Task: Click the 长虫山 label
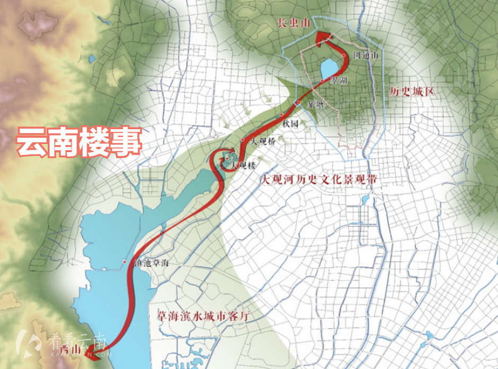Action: (x=294, y=23)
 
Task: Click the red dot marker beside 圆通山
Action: (x=345, y=55)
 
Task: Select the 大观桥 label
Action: (x=263, y=141)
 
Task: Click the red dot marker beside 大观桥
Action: (x=243, y=140)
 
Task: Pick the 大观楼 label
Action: (x=244, y=165)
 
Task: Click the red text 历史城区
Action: (x=411, y=91)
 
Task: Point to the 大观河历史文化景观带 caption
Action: (x=318, y=180)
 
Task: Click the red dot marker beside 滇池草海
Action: (x=124, y=262)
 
